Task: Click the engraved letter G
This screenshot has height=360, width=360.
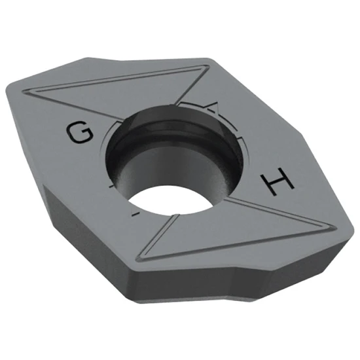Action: (79, 134)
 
